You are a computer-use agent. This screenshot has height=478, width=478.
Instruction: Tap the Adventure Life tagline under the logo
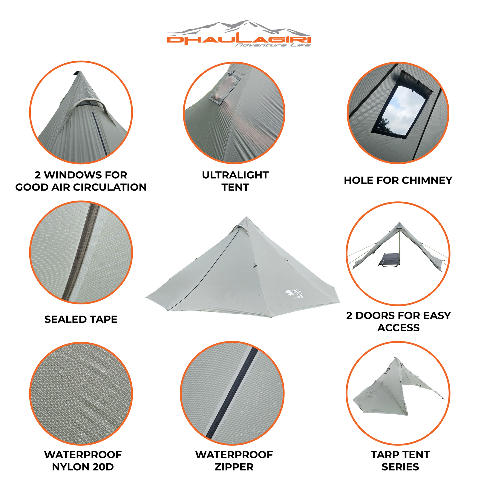coord(273,45)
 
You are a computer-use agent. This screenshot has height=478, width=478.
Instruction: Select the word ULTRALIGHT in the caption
coord(235,175)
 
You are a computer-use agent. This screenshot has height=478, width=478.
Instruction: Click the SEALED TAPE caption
coord(81,319)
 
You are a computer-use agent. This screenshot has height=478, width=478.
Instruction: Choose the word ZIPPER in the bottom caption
coord(234,467)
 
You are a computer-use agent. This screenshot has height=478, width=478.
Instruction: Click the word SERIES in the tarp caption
coord(400,467)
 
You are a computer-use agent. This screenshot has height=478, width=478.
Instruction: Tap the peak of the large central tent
coord(246,217)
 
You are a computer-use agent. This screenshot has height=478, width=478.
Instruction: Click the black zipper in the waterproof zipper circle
coord(232,393)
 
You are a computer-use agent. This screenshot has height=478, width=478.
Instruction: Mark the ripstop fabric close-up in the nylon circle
coord(81,393)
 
